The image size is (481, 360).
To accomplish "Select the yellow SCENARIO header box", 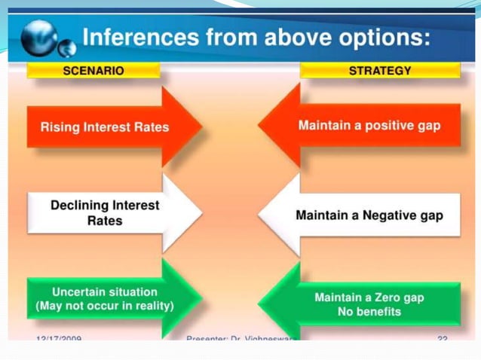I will [x=93, y=70].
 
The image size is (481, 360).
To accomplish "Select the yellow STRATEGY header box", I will [x=380, y=70].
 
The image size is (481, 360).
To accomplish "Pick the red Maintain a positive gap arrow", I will [x=362, y=125].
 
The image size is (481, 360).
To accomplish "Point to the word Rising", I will [x=60, y=127].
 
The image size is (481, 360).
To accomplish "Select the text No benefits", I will [x=369, y=312].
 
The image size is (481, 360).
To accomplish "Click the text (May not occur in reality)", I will [x=105, y=307].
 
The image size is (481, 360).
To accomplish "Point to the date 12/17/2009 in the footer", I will [x=59, y=339].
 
